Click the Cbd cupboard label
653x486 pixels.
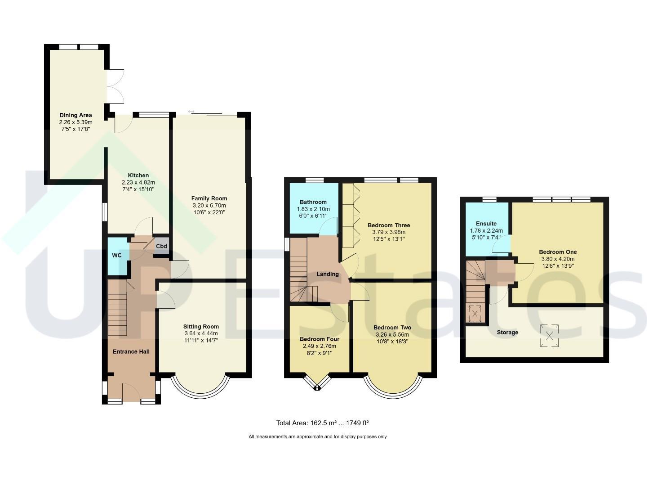(161, 246)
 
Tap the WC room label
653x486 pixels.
(116, 256)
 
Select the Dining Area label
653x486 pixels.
(76, 115)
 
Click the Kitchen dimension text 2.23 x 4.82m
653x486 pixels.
(138, 183)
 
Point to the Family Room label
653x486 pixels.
(209, 198)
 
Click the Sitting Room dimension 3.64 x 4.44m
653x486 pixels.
(201, 333)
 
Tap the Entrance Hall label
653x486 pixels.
(131, 351)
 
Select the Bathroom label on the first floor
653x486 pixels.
(313, 202)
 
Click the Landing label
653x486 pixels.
(327, 274)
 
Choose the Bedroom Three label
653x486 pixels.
(389, 225)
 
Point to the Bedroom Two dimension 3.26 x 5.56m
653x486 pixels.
(392, 335)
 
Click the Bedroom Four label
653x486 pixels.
(320, 339)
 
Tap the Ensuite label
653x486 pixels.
(486, 224)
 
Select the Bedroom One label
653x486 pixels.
(558, 252)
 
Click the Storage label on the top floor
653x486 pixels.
(507, 333)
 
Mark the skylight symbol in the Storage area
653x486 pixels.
(549, 336)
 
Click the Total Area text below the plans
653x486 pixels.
(322, 423)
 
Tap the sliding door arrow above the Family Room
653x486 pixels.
(191, 112)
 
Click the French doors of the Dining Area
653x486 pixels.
(115, 86)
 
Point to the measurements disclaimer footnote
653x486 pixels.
(317, 436)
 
